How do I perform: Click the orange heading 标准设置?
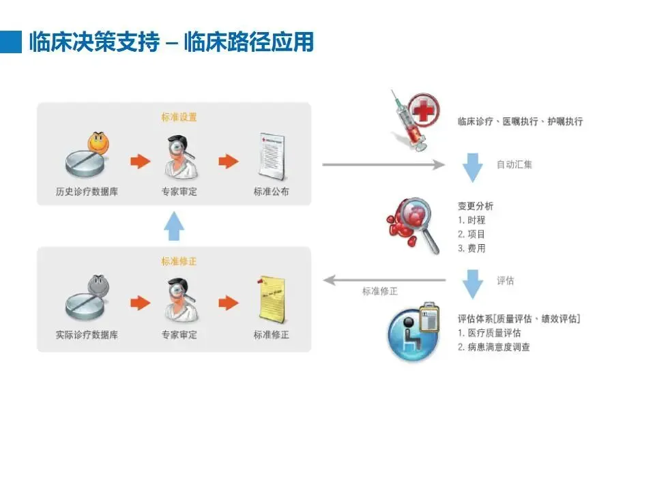click(179, 117)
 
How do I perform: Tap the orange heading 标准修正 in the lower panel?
click(179, 261)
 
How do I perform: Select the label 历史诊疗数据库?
click(87, 192)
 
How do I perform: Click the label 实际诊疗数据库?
click(87, 335)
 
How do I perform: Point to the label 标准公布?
click(271, 192)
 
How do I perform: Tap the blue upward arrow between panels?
click(175, 226)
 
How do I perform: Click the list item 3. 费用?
click(471, 249)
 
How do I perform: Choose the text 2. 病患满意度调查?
click(494, 347)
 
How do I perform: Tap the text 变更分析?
click(476, 206)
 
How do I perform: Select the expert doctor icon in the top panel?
click(179, 156)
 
